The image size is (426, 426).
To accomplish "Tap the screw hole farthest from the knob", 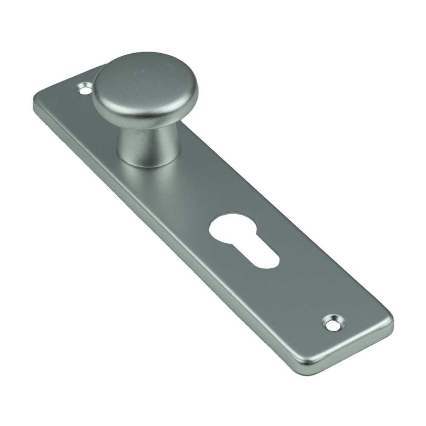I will pos(333,322).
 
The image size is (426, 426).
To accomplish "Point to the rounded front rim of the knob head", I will pos(141,115).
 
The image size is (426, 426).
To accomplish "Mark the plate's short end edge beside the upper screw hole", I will pos(68,81).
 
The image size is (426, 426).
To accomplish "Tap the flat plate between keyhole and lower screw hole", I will pos(298,294).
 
